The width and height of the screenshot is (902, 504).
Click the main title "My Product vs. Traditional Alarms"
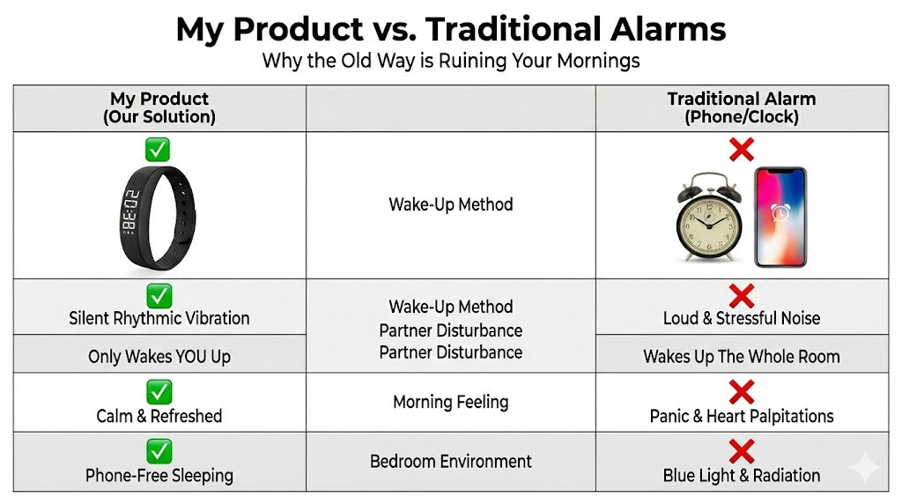point(451,29)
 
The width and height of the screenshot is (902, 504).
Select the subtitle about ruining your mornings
point(451,61)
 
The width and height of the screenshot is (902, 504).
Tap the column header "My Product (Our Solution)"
point(159,107)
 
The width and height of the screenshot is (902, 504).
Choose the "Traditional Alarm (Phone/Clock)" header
point(742,107)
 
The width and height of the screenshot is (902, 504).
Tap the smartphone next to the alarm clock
point(780,217)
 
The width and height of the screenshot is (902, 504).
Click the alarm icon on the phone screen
point(780,212)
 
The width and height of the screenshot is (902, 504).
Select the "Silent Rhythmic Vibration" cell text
point(159,318)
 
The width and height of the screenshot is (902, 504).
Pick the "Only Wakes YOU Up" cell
point(159,357)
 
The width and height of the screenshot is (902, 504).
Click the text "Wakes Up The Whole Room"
point(742,357)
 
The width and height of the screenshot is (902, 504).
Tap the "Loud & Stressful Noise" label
point(742,318)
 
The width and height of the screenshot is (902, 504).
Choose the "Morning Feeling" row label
point(451,402)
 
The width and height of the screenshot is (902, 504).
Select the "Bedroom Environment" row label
point(451,462)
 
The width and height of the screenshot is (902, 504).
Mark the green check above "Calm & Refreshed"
point(159,392)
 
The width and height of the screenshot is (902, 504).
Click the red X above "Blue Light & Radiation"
point(742,452)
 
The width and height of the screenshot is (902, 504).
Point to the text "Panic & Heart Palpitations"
point(742,416)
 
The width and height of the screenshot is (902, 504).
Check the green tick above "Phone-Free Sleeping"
point(159,452)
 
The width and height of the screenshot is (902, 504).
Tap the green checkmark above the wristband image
point(158,150)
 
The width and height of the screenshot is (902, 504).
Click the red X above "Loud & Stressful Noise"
point(742,296)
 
